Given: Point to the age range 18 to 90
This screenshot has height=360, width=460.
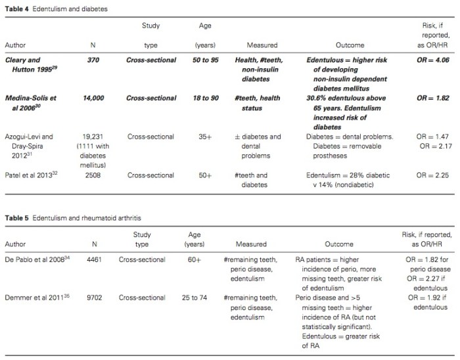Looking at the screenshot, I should point(205,99).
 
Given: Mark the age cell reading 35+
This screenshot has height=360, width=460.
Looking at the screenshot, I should point(205,137).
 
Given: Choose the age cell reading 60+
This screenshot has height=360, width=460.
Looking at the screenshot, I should point(205,259).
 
